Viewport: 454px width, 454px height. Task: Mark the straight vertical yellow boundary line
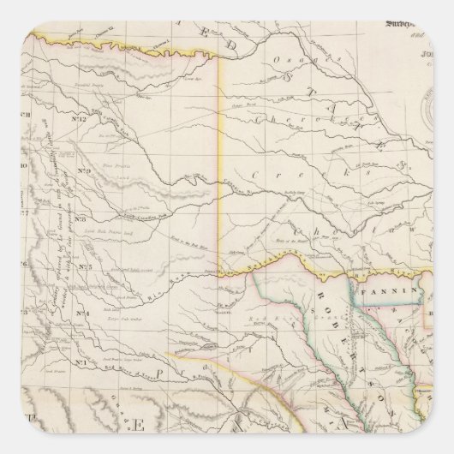tap(220, 171)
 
